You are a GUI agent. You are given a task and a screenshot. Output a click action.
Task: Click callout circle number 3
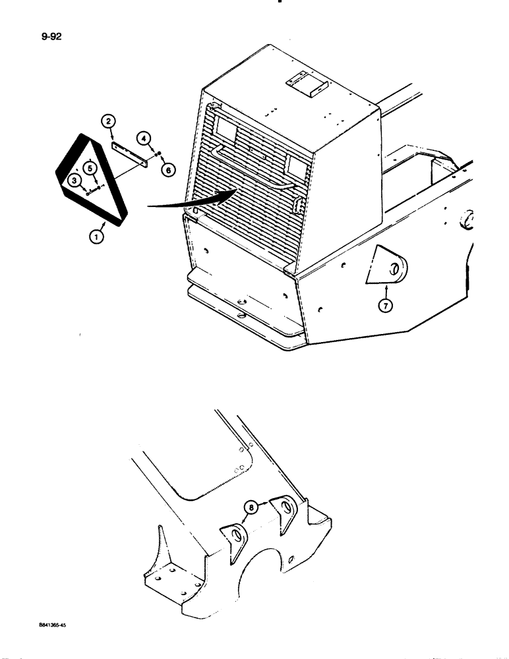pyautogui.click(x=76, y=180)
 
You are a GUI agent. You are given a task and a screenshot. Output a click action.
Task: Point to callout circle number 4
pyautogui.click(x=143, y=138)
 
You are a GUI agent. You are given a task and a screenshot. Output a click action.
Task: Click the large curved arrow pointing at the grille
pyautogui.click(x=191, y=200)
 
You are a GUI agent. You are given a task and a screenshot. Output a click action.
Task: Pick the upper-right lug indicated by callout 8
pyautogui.click(x=285, y=512)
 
